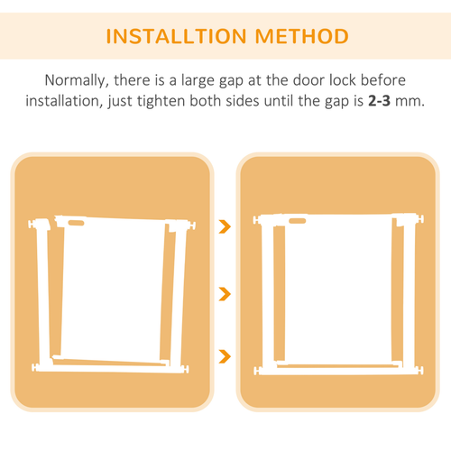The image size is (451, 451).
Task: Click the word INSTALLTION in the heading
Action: click(177, 36)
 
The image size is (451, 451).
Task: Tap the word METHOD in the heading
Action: click(302, 36)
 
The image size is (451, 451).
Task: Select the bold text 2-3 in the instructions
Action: click(379, 101)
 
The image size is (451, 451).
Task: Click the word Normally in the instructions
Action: click(77, 80)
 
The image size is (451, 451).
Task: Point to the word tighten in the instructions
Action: click(161, 101)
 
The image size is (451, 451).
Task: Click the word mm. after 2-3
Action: click(410, 102)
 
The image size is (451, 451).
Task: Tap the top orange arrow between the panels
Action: click(225, 226)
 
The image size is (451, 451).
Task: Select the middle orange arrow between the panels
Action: click(225, 294)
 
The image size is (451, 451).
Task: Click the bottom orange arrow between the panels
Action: click(225, 356)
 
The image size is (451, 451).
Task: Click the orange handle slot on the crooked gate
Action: click(76, 223)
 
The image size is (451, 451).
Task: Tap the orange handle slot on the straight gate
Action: click(298, 221)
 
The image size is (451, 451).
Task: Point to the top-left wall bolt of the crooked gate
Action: click(32, 224)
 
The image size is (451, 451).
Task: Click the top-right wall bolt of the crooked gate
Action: click(191, 225)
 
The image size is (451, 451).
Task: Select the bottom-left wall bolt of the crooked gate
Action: click(35, 367)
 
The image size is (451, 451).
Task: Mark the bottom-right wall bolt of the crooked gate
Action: click(185, 369)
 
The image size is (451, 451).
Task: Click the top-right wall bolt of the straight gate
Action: click(419, 218)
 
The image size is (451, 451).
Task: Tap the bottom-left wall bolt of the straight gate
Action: click(257, 371)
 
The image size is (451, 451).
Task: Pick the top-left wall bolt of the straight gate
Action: click(257, 220)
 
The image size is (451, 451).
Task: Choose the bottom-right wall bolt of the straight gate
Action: click(419, 370)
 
